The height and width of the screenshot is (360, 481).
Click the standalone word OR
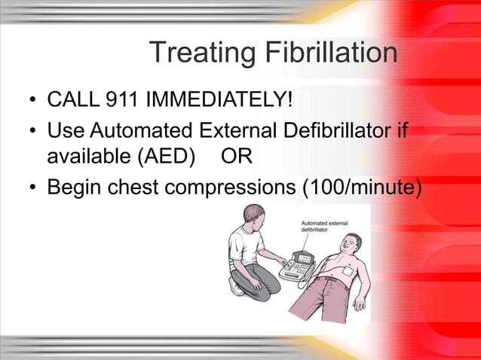point(240,158)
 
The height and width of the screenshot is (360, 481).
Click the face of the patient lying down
point(351,243)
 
